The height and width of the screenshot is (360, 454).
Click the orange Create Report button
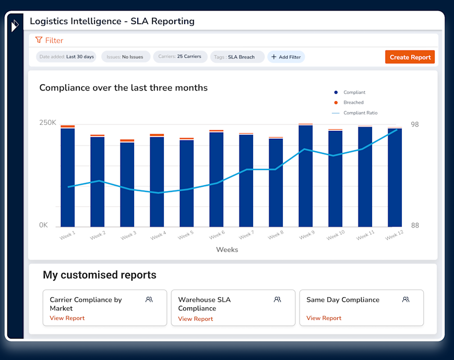pos(410,57)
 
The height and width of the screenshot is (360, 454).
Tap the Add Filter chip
pos(286,57)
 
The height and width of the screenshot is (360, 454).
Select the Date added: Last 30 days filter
pos(66,56)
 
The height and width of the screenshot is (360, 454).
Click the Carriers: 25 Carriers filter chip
pos(180,56)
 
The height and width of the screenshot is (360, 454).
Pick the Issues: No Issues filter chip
pos(125,56)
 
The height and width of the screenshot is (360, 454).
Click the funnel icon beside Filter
pos(39,40)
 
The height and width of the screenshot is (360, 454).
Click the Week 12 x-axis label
pos(395,236)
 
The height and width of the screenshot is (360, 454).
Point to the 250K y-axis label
pos(47,123)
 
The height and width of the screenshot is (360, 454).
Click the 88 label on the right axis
pos(415,225)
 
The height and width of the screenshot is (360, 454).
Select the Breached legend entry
pos(353,102)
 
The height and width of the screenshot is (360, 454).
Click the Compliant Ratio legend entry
pos(360,113)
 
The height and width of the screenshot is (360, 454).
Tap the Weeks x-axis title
pos(227,249)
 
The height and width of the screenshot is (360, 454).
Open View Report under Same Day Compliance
pos(324,318)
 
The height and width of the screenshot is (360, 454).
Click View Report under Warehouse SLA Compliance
pos(195,319)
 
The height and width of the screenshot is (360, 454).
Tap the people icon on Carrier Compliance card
pos(149,299)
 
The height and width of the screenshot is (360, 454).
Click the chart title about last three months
pos(124,88)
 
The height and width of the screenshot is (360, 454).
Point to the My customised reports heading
pos(99,275)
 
